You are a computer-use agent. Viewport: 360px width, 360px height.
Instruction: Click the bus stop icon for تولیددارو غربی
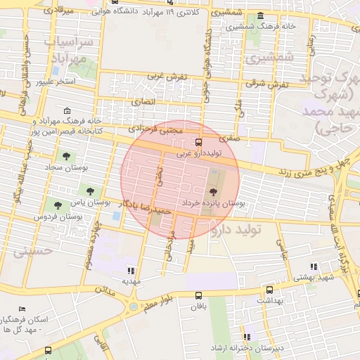pyautogui.click(x=199, y=141)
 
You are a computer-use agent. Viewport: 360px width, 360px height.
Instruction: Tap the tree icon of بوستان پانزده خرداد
pyautogui.click(x=213, y=191)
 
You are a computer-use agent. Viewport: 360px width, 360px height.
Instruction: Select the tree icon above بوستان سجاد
pyautogui.click(x=67, y=156)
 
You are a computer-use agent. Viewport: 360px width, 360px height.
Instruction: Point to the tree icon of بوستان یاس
pyautogui.click(x=89, y=190)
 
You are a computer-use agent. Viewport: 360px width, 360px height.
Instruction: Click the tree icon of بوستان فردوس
pyautogui.click(x=58, y=205)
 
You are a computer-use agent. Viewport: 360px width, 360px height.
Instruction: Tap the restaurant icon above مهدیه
pyautogui.click(x=130, y=270)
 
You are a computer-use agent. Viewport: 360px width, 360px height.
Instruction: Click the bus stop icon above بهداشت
pyautogui.click(x=269, y=290)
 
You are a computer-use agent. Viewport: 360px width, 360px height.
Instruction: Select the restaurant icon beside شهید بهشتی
pyautogui.click(x=314, y=266)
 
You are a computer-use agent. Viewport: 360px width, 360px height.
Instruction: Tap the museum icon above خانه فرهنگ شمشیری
pyautogui.click(x=260, y=16)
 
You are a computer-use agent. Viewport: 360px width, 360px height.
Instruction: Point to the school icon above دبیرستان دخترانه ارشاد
pyautogui.click(x=247, y=337)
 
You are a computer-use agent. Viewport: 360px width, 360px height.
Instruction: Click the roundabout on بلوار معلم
pyautogui.click(x=133, y=307)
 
